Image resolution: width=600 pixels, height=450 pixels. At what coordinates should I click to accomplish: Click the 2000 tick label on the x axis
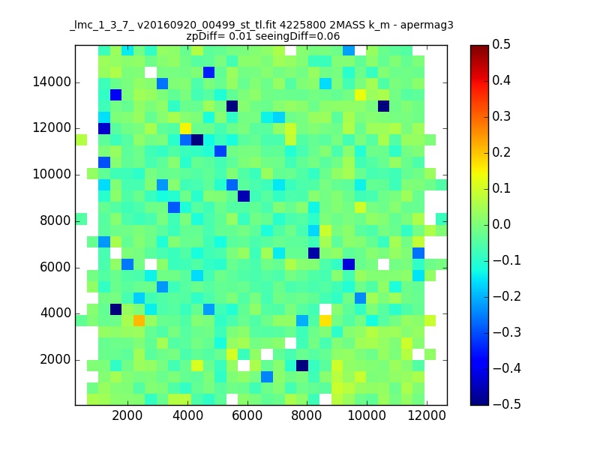[127, 415]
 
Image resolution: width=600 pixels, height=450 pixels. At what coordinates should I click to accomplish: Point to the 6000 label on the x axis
[247, 415]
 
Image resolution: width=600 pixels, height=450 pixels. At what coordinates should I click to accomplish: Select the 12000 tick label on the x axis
[427, 415]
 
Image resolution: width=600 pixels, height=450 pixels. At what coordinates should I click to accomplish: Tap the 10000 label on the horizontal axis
[367, 415]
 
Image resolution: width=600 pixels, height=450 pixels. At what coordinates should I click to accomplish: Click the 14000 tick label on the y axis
[52, 82]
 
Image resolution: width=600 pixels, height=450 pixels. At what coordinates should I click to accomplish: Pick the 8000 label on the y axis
[55, 220]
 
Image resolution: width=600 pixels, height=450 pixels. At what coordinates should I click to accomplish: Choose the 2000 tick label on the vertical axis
[55, 360]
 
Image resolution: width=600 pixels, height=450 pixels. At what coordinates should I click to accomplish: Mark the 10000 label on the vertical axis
[52, 175]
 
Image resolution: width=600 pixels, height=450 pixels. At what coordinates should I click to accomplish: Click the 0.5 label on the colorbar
[501, 44]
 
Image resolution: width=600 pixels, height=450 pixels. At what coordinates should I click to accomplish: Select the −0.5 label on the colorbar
[507, 404]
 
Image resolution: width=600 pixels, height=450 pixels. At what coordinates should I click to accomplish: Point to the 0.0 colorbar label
[501, 224]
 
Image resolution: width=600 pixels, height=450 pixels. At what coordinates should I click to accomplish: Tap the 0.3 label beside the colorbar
[501, 116]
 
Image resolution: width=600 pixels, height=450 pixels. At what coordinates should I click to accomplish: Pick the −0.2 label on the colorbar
[507, 296]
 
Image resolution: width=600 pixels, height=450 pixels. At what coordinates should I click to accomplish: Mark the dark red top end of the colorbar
[479, 47]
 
